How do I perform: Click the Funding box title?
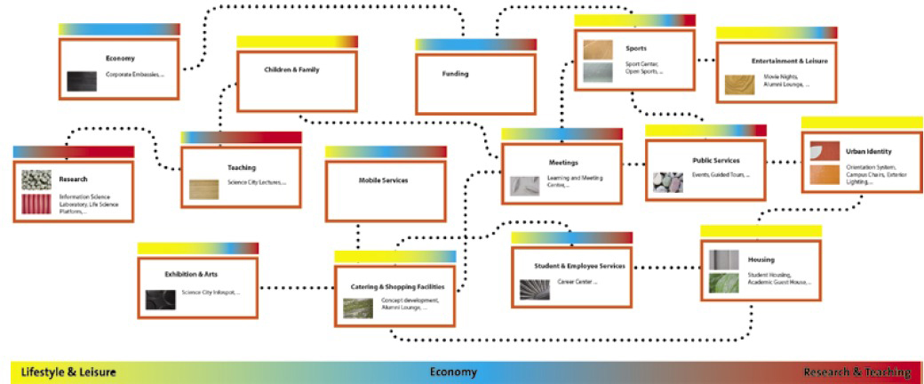pos(455,74)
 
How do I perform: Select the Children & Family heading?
pos(291,69)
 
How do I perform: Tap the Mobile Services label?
pos(383,180)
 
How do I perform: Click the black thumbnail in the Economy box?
pos(81,81)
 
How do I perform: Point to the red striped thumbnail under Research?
pos(36,205)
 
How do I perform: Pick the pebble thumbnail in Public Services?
pos(668,182)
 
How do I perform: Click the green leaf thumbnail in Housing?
pos(723,284)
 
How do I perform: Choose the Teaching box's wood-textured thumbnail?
pos(203,188)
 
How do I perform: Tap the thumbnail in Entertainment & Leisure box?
pos(738,84)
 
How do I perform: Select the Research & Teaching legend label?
pos(856,372)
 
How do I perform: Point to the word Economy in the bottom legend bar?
pos(453,372)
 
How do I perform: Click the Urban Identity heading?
pos(869,152)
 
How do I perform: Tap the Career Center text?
pos(577,283)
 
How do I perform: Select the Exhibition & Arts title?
pos(191,275)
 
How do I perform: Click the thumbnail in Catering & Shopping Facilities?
pos(357,308)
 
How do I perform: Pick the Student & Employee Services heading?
pos(579,266)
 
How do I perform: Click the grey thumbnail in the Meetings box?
pos(524,186)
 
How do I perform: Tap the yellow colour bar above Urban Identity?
pos(862,122)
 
